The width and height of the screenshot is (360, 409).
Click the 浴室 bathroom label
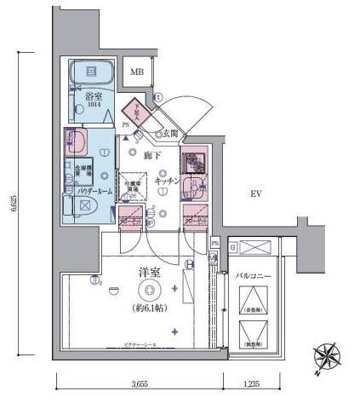94,97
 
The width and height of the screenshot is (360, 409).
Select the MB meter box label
136,73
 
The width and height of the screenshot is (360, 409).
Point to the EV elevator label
254,194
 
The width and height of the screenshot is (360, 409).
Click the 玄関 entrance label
171,132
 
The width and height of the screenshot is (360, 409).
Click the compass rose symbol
326,356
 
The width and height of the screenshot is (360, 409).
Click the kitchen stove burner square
191,161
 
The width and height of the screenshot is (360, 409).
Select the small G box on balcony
232,247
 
